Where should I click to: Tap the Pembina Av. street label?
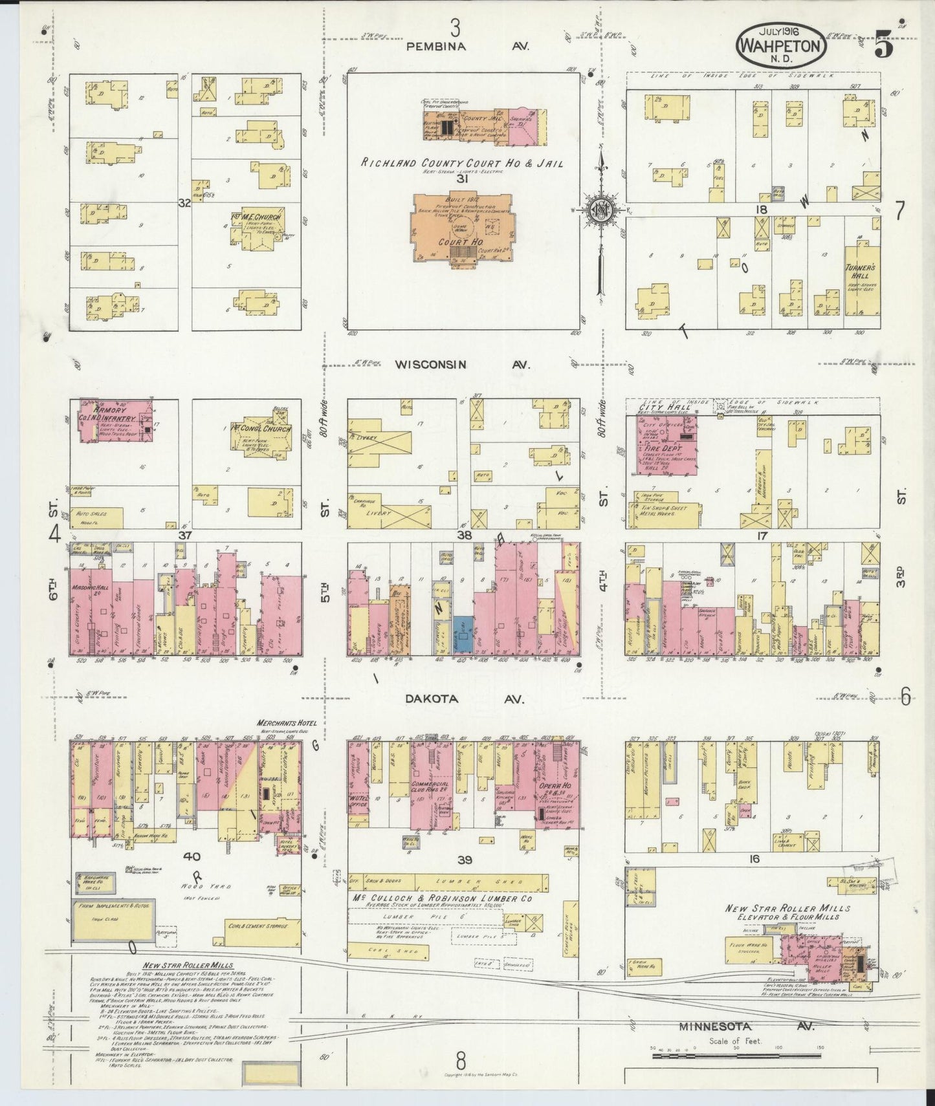coord(468,47)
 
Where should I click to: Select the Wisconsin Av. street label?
coord(463,365)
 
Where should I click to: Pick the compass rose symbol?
coord(601,208)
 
